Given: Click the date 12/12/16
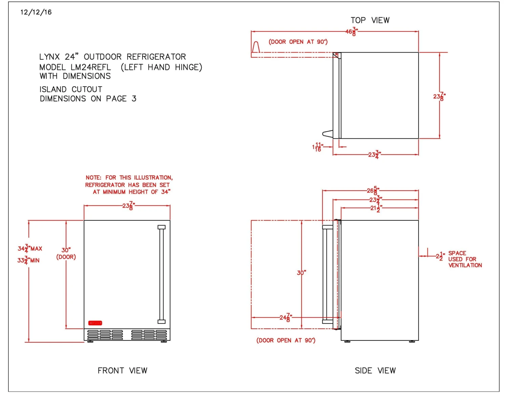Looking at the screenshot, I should [36, 12].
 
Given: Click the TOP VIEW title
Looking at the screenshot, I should [370, 20].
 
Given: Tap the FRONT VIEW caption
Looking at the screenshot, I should [122, 371].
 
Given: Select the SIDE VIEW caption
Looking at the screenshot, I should [375, 371].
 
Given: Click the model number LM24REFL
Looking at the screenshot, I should [91, 67].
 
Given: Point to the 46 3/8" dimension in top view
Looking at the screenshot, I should [351, 32].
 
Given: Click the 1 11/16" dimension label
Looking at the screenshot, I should [317, 147].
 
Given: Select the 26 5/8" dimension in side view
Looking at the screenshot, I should [373, 191].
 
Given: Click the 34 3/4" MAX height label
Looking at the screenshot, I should [30, 249].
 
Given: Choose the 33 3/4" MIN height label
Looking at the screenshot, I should [28, 260].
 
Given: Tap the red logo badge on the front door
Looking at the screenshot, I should [95, 323].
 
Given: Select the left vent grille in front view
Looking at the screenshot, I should [105, 335].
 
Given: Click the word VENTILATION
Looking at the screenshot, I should [465, 266].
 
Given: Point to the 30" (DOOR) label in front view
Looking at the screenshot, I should [66, 253].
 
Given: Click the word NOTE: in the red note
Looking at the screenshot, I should [93, 178].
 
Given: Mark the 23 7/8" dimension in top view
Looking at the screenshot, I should [439, 97].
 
